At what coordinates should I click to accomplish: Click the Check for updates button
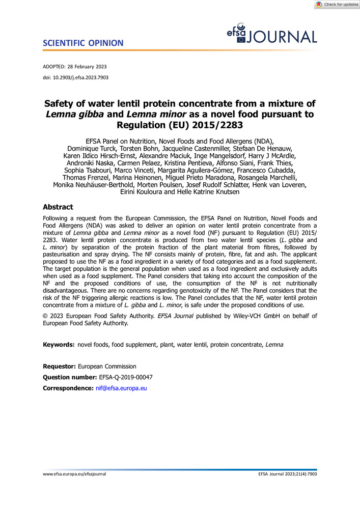click(x=337, y=5)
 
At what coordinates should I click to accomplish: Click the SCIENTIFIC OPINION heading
click(x=83, y=43)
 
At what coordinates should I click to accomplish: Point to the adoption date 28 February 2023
click(x=87, y=67)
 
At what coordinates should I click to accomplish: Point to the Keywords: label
click(x=59, y=345)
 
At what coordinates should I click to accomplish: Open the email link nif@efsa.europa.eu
click(x=121, y=388)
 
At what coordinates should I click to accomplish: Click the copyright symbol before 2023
click(x=45, y=316)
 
